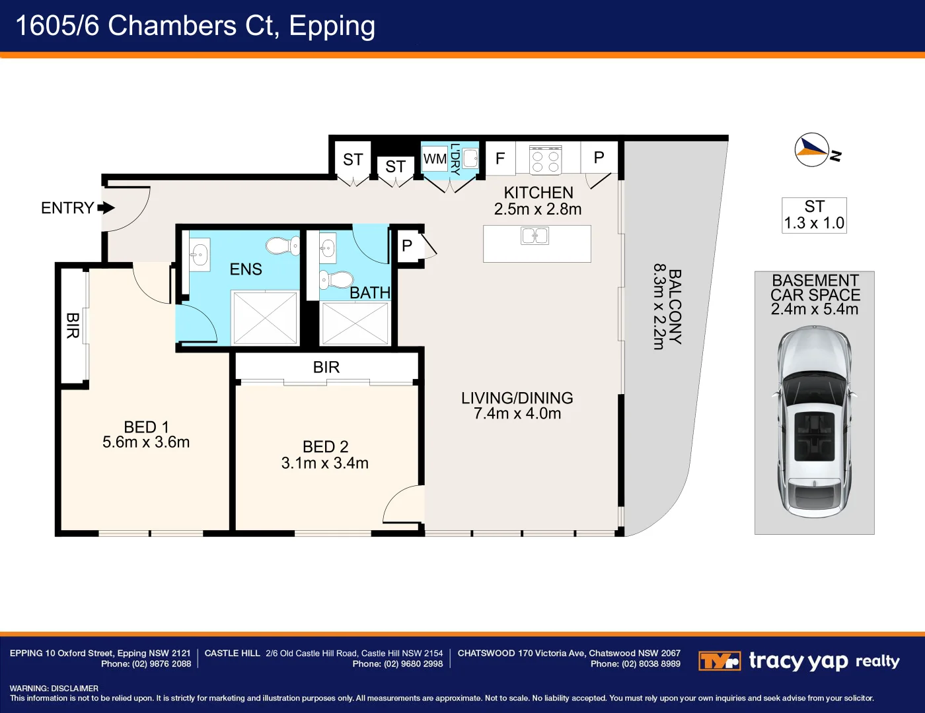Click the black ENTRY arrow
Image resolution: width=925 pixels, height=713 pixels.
(106, 208)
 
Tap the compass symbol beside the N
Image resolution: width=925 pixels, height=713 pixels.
(812, 150)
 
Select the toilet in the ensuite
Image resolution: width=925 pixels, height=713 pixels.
(283, 246)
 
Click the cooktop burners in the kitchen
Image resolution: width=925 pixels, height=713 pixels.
(546, 161)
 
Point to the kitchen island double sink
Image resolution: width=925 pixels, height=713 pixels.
(535, 236)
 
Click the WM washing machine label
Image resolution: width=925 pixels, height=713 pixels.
(435, 159)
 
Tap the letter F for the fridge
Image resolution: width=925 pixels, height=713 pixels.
(500, 158)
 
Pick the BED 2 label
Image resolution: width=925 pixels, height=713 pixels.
(325, 447)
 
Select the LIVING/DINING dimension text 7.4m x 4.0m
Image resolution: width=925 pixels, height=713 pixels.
(517, 413)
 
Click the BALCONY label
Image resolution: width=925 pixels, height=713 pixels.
(675, 306)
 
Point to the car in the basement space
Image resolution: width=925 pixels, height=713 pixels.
(814, 422)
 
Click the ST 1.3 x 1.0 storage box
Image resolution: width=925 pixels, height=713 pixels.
(814, 215)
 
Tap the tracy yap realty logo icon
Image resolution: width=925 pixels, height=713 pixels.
(720, 661)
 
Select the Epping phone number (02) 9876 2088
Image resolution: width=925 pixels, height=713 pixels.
(162, 663)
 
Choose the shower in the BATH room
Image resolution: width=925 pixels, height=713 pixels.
(355, 323)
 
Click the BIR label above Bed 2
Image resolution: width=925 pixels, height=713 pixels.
(326, 367)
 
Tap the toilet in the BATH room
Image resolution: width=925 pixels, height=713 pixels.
(336, 279)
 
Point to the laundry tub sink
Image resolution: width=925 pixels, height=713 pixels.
(470, 158)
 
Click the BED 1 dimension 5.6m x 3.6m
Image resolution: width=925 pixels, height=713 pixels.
(146, 442)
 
